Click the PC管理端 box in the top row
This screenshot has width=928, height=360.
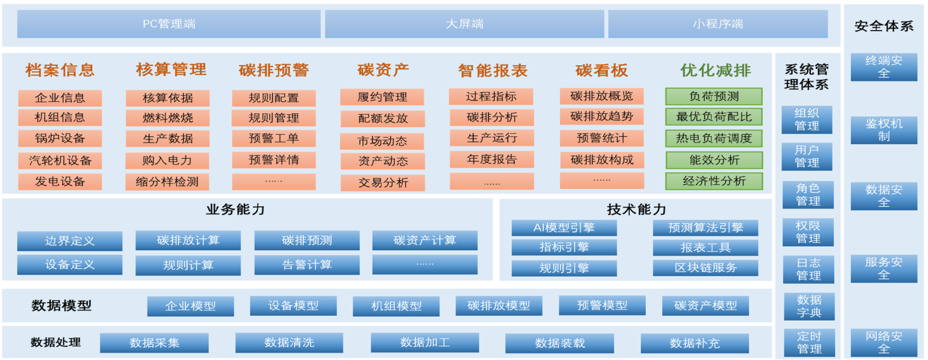[x=169, y=24]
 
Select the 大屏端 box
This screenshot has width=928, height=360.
[x=464, y=24]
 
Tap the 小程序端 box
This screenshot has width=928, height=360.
[x=718, y=24]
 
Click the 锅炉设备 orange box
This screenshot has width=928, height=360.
[x=60, y=138]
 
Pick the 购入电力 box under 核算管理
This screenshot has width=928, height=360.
[x=168, y=161]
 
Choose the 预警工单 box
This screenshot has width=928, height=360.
[x=274, y=138]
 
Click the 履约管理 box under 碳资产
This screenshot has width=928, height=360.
[x=382, y=97]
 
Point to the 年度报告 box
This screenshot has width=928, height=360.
[x=492, y=160]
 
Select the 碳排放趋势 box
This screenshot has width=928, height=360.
[x=602, y=117]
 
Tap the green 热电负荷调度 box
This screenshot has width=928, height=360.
[x=714, y=138]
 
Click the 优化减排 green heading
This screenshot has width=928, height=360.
[x=716, y=70]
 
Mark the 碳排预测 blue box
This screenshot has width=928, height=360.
[x=307, y=240]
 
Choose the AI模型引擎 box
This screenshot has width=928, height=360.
[x=564, y=228]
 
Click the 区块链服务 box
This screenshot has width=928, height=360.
[x=706, y=268]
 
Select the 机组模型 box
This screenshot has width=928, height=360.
[x=396, y=306]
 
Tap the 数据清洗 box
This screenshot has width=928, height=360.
[x=289, y=343]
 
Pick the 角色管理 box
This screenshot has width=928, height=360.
[x=808, y=194]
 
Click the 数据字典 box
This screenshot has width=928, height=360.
[x=809, y=306]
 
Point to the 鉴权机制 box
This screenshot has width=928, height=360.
[x=884, y=130]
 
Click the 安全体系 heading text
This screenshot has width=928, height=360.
[x=884, y=26]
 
